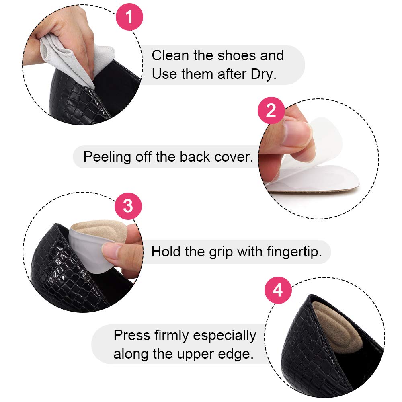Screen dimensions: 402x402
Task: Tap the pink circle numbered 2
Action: point(271,110)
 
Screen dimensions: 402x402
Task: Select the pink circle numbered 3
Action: point(127,206)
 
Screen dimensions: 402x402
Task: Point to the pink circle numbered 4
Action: point(277,291)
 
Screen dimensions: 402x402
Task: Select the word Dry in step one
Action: point(263,74)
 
